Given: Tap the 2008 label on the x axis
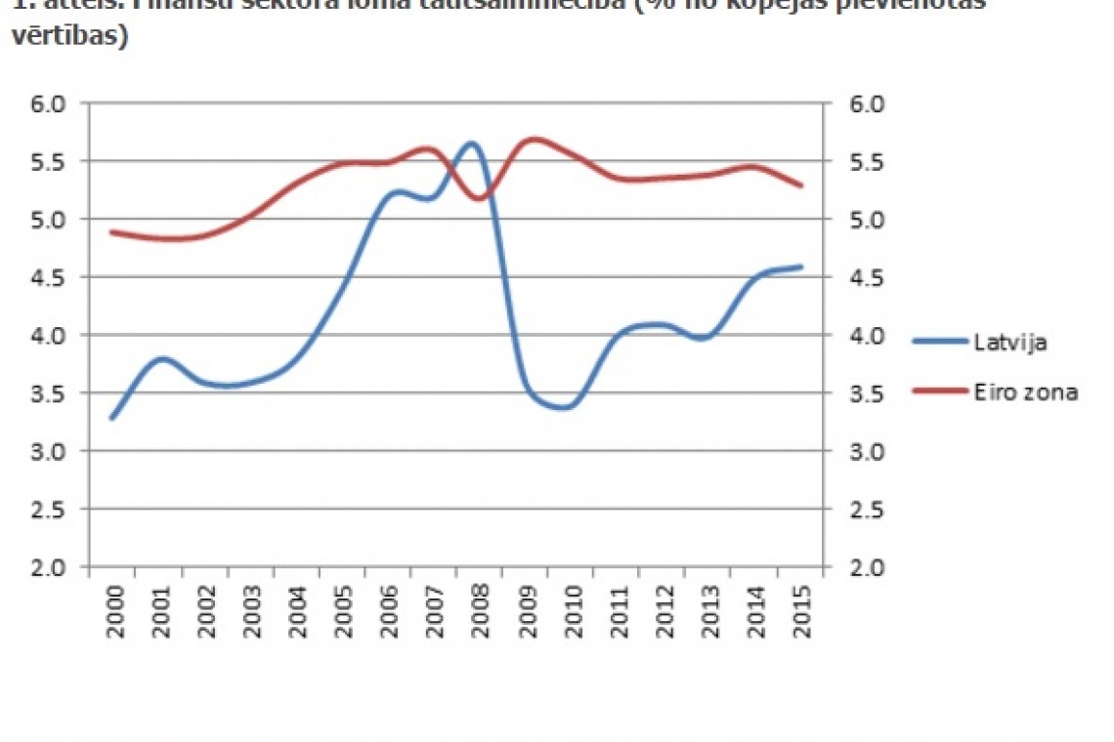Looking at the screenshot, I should click(x=480, y=611).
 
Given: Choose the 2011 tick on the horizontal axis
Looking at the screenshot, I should click(x=618, y=611).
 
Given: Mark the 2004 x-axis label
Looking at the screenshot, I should click(x=297, y=611).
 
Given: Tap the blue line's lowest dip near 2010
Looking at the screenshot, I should click(x=564, y=407).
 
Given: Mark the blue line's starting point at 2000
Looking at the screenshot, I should click(x=112, y=418).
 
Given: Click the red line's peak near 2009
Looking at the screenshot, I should click(x=535, y=140).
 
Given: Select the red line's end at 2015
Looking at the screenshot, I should click(x=801, y=185).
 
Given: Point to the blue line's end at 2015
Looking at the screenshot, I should click(x=801, y=267).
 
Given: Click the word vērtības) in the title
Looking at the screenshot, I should click(x=70, y=39).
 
